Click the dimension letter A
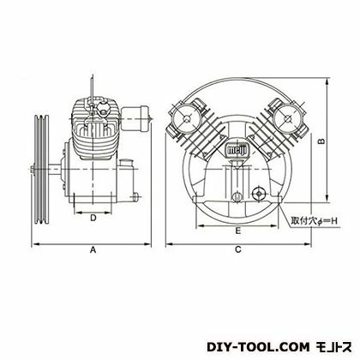click(x=92, y=250)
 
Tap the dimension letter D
click(x=93, y=218)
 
